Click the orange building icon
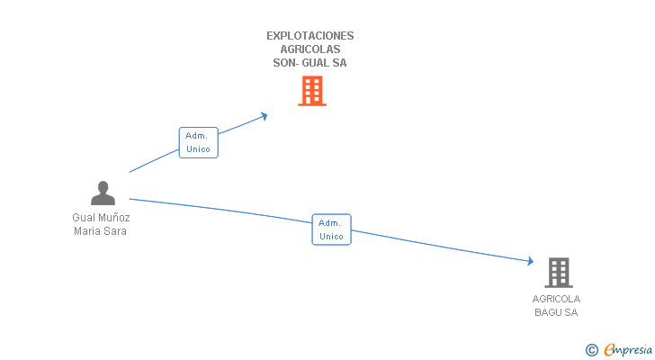coord(311,91)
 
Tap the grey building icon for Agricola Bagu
coord(558,272)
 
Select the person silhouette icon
coord(103,193)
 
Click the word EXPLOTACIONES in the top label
coord(310,36)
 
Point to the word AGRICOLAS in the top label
coord(310,49)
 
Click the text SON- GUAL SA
coord(310,63)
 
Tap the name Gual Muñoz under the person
coord(101,217)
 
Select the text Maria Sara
coord(101,230)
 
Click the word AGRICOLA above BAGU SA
coord(556,299)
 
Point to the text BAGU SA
coord(556,312)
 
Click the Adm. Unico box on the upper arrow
coord(198,142)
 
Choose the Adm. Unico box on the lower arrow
coord(331,229)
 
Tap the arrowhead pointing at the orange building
coord(264,115)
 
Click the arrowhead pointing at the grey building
coord(530,262)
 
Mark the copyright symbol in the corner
coord(591,349)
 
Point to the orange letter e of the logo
coord(610,350)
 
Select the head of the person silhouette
coord(103,186)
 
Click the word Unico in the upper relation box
coord(198,149)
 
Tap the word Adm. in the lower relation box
coord(331,222)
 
